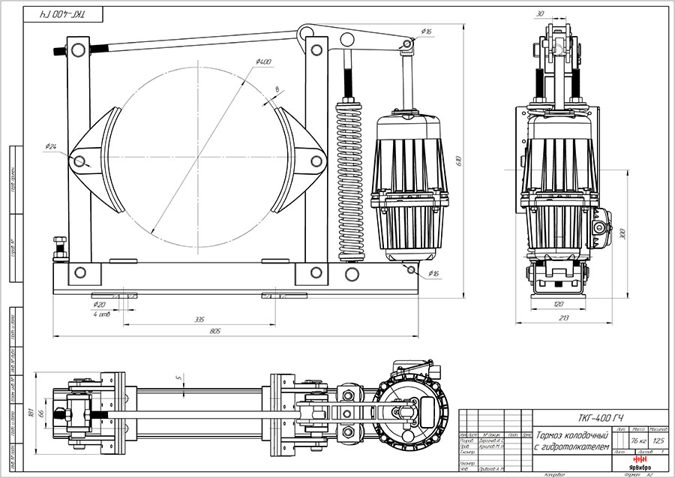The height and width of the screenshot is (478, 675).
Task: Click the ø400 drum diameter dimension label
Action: pos(263,62)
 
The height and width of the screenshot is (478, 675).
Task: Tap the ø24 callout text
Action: pos(52,146)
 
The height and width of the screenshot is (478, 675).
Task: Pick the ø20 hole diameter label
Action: pos(98,305)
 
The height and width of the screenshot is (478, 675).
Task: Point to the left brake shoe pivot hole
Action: pos(79,160)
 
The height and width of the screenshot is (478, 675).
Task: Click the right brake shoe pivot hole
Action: pos(310,159)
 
